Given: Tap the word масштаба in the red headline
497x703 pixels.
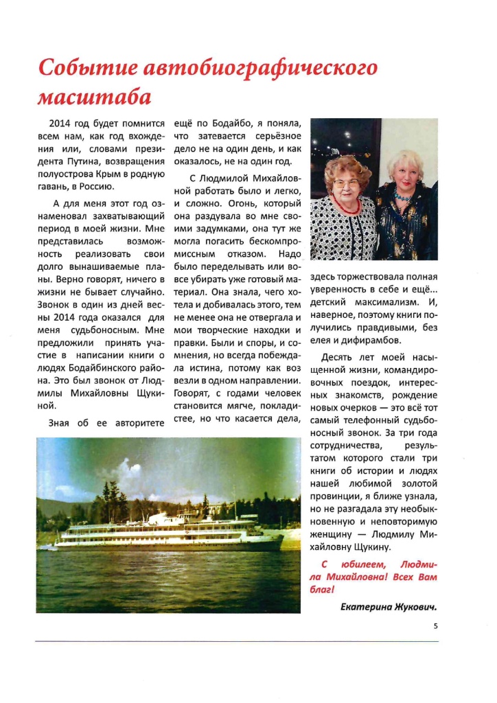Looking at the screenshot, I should (x=94, y=97).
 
